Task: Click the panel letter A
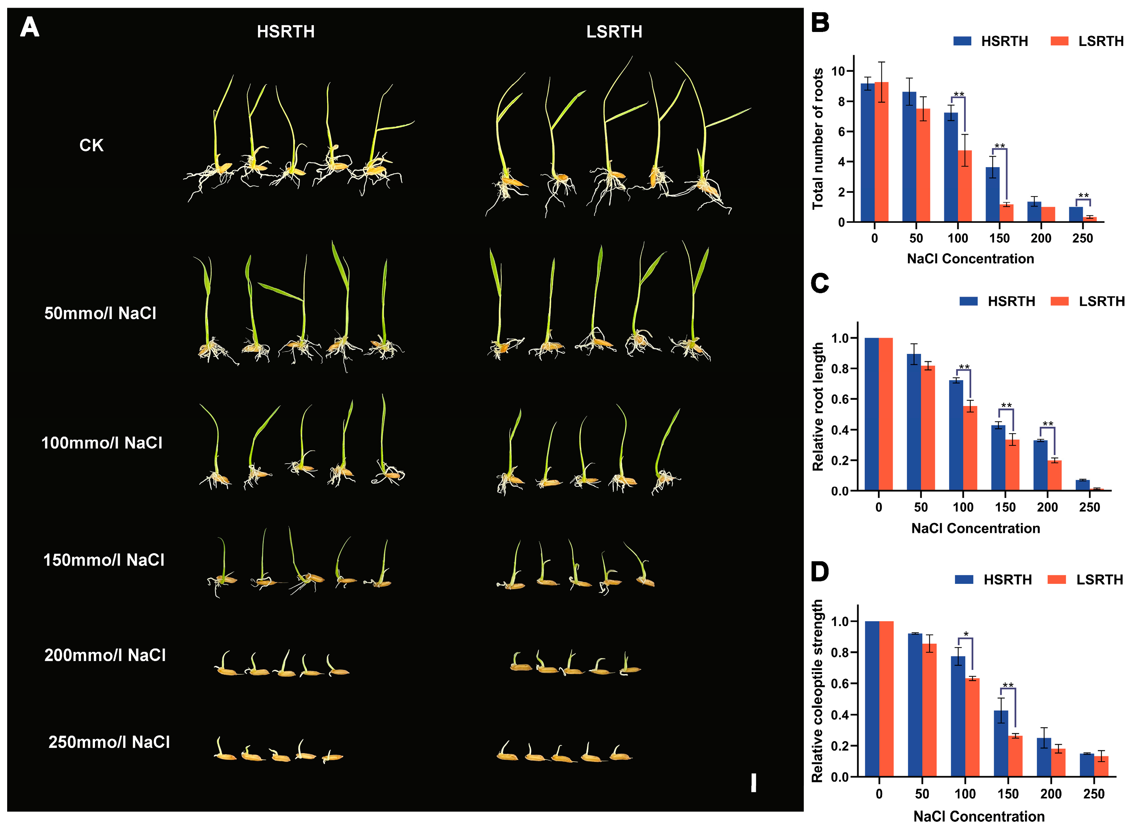click(x=30, y=27)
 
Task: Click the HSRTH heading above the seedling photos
click(x=285, y=32)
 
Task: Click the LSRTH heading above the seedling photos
click(x=614, y=32)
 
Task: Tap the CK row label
click(x=91, y=145)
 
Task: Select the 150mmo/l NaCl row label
click(x=104, y=560)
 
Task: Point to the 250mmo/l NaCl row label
click(x=109, y=742)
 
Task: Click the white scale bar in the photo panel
click(x=753, y=783)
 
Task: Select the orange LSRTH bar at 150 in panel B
click(x=1006, y=213)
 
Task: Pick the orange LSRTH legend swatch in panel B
click(x=1059, y=41)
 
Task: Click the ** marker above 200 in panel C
click(x=1048, y=424)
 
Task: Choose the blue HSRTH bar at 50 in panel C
click(x=914, y=423)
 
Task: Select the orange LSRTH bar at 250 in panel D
click(x=1101, y=766)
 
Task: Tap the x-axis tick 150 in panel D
click(x=1008, y=794)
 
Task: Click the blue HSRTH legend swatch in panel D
click(x=964, y=580)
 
